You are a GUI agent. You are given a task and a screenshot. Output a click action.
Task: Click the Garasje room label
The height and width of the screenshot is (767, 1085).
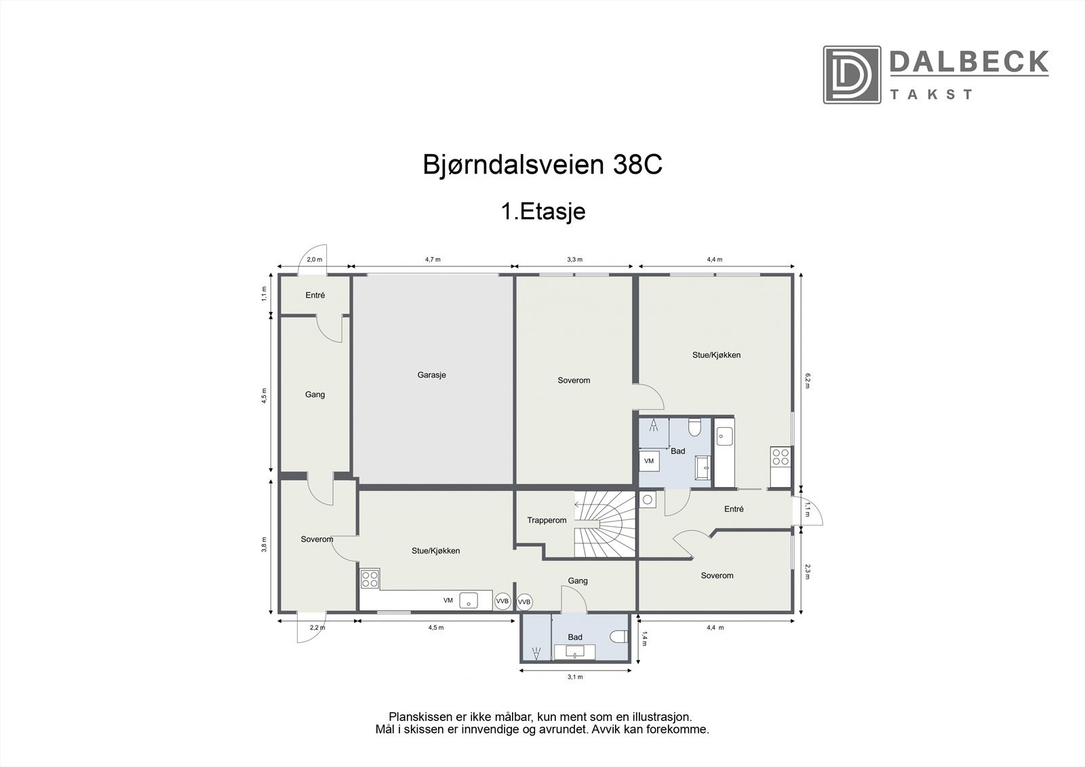coord(431,375)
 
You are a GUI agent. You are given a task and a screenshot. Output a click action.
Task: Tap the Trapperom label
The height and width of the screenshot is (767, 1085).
coord(547,521)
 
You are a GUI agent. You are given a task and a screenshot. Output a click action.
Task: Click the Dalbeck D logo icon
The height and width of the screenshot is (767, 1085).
coord(852,75)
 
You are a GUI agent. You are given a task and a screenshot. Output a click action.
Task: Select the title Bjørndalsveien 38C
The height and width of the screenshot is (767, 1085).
coord(542,165)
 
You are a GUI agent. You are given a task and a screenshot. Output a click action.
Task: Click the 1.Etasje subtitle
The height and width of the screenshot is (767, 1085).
coord(542,212)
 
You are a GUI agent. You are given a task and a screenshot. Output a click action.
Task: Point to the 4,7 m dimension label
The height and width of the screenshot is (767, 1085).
coord(433,260)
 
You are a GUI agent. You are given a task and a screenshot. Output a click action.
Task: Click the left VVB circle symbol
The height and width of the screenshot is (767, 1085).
coord(502,602)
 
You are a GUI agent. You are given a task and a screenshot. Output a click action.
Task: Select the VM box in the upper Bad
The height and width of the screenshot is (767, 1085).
coord(649,461)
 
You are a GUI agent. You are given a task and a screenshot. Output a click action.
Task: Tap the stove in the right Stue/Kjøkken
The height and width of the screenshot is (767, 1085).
coord(781,456)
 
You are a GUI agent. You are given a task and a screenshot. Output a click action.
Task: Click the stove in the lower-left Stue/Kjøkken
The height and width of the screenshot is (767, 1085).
coord(370,578)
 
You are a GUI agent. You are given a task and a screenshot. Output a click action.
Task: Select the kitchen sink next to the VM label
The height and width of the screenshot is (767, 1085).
coord(469,601)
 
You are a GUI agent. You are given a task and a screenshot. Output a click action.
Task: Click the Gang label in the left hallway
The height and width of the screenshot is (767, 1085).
coord(315,395)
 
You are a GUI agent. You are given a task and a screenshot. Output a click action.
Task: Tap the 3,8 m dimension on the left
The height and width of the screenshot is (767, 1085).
coord(264,544)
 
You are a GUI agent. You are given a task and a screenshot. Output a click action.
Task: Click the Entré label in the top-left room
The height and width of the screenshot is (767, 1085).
coord(315,296)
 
